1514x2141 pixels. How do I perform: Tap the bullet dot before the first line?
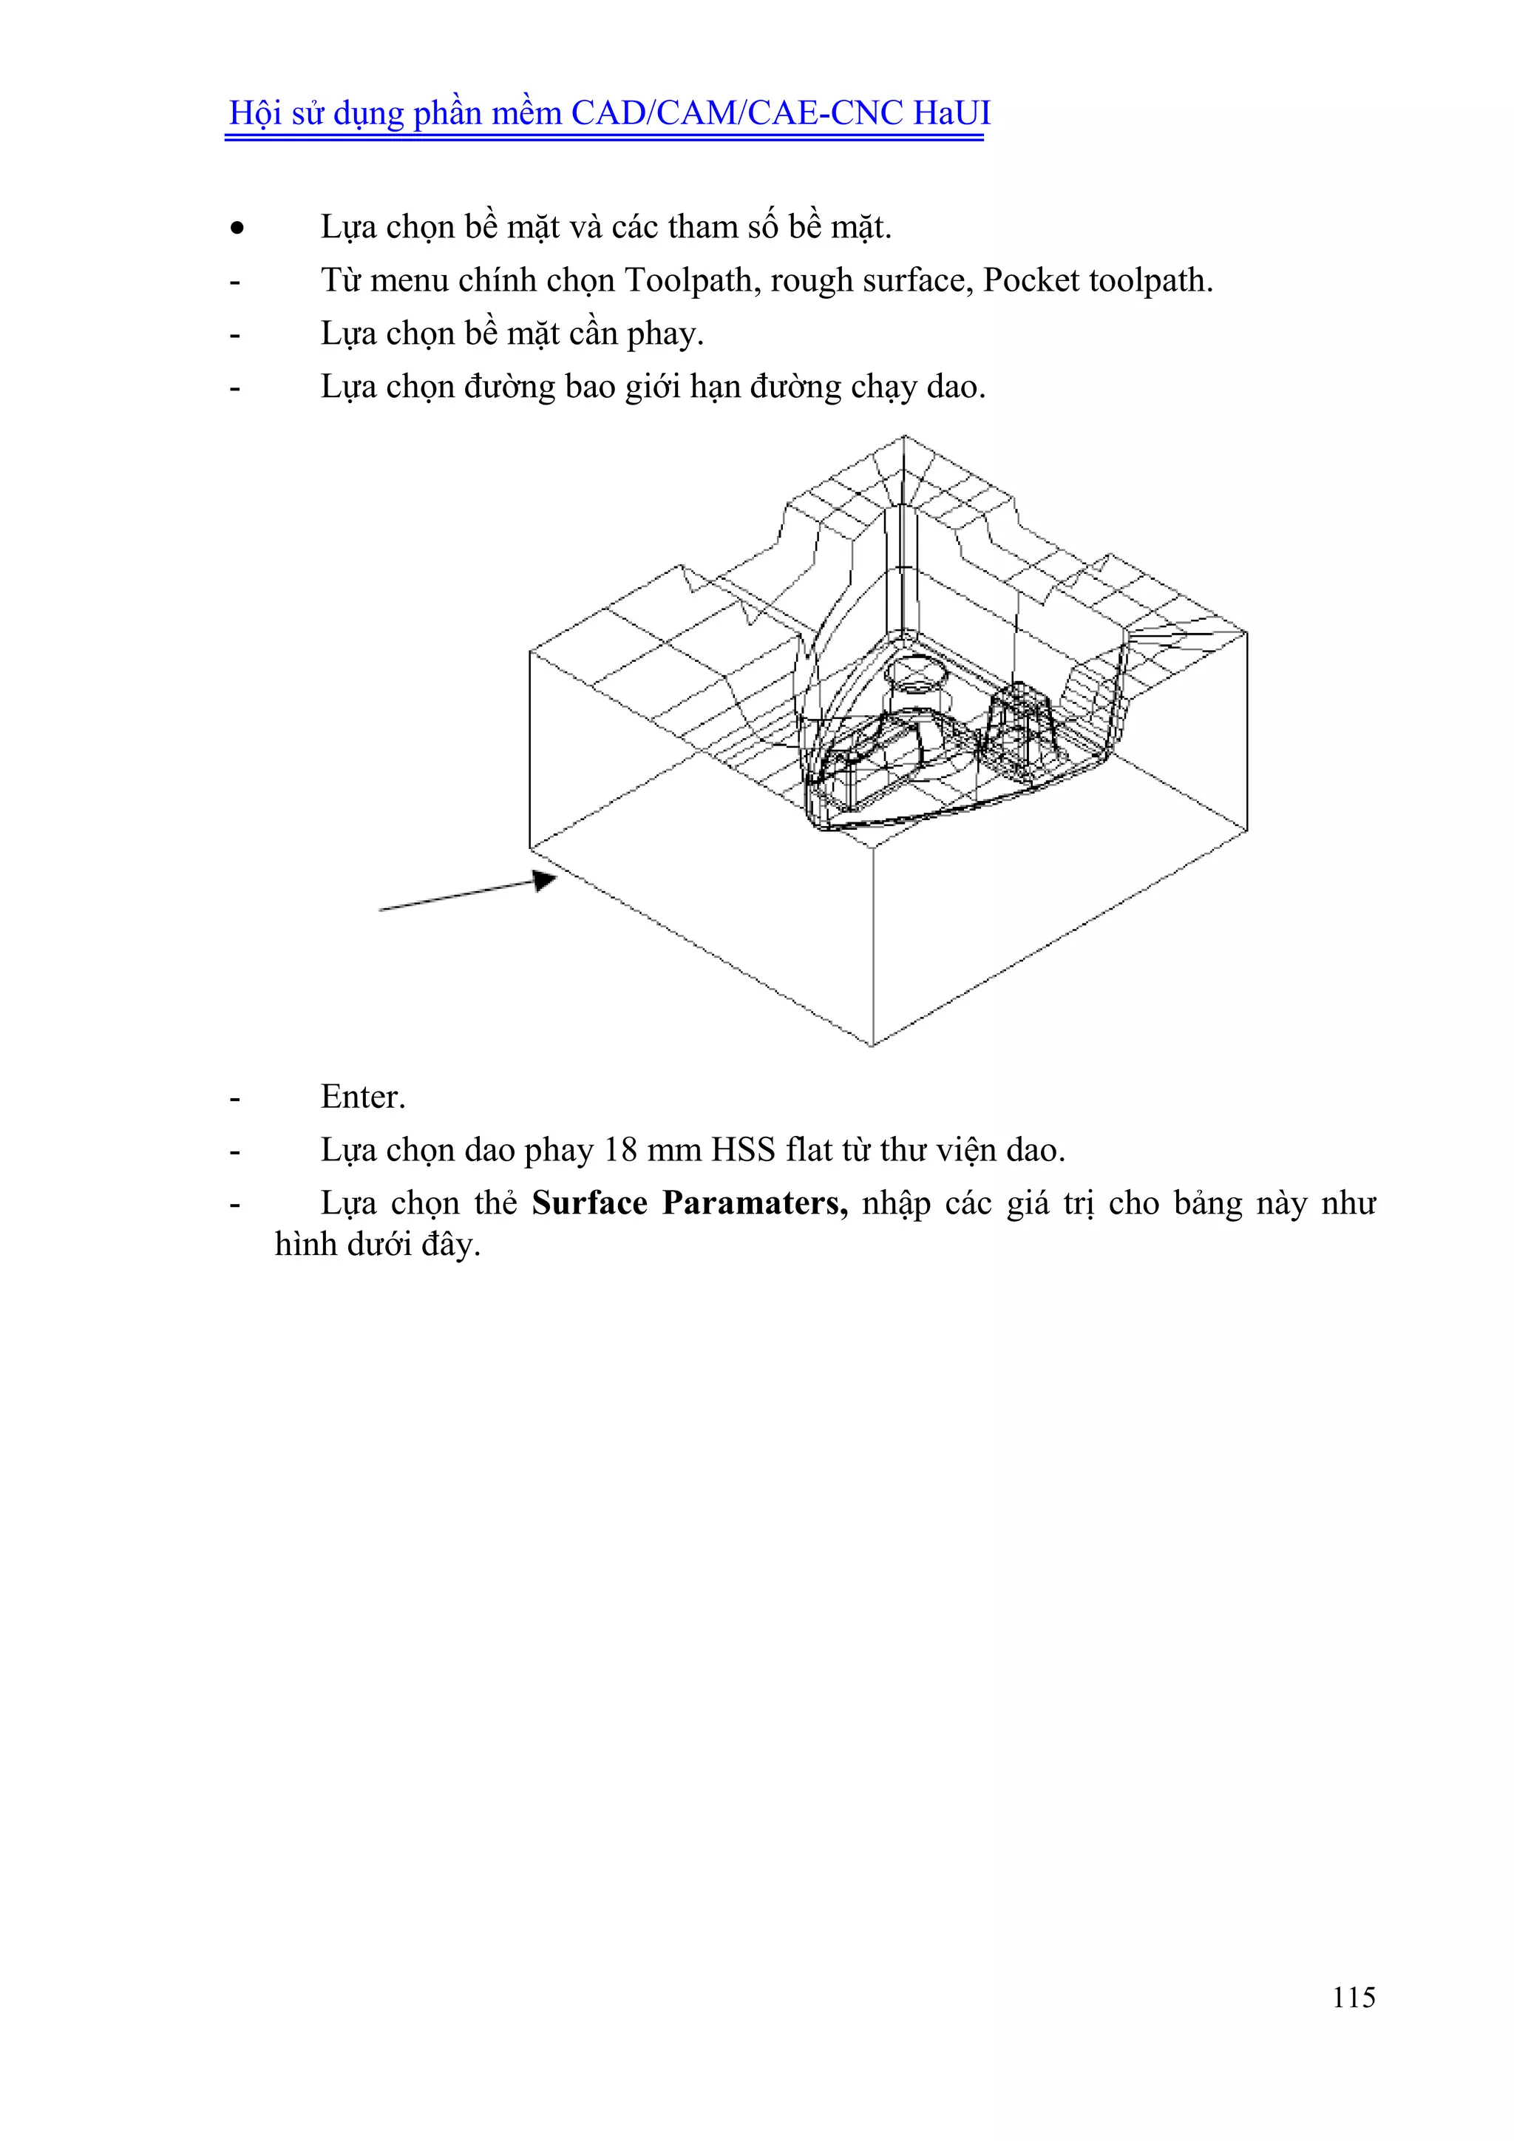coord(238,228)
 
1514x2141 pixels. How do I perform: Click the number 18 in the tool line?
coord(620,1150)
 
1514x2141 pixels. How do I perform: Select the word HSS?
coord(743,1150)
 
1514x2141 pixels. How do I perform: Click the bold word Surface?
coord(589,1203)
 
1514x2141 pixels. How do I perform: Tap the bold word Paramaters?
coord(754,1203)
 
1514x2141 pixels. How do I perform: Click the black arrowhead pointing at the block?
coord(544,880)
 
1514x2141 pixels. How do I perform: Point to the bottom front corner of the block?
coord(872,1045)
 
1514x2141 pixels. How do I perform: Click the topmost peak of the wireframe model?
coord(903,436)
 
